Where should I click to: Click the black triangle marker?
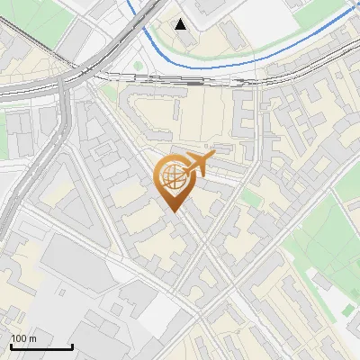(182, 24)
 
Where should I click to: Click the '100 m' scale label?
(23, 338)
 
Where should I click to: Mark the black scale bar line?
(41, 346)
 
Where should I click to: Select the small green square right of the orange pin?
(250, 197)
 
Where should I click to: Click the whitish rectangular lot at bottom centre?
(160, 310)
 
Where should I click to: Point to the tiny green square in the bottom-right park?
(348, 310)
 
